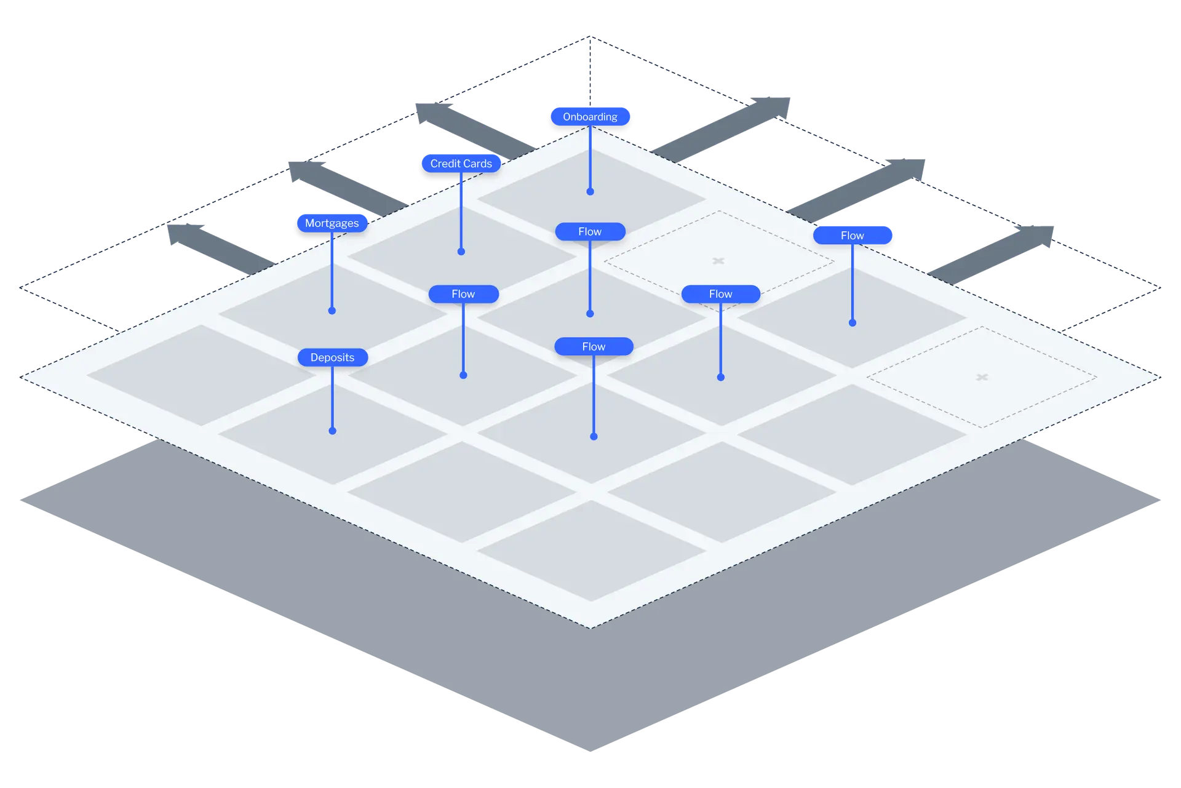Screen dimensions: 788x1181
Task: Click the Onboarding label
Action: click(590, 116)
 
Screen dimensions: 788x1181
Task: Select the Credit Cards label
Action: click(461, 164)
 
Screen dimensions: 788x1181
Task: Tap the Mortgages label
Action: click(332, 223)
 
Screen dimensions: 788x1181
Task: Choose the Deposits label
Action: click(332, 357)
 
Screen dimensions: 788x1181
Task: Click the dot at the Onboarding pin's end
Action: click(590, 192)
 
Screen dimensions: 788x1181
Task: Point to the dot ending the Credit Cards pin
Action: click(461, 252)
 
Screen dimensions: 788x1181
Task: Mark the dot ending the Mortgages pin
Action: click(332, 311)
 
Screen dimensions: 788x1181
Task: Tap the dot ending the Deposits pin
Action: click(333, 431)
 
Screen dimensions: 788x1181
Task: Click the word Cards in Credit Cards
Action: click(478, 164)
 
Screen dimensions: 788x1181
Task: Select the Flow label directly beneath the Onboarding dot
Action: click(590, 232)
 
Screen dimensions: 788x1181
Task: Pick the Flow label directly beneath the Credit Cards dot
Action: click(463, 294)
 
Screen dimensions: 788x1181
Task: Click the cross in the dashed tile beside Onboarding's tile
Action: click(718, 261)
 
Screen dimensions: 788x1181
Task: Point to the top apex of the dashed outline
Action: click(590, 37)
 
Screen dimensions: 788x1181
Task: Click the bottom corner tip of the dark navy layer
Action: click(590, 750)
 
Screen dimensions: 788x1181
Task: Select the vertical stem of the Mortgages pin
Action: click(332, 271)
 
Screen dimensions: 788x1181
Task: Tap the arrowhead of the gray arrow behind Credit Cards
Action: click(431, 111)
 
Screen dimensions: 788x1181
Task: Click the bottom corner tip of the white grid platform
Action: click(590, 627)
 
